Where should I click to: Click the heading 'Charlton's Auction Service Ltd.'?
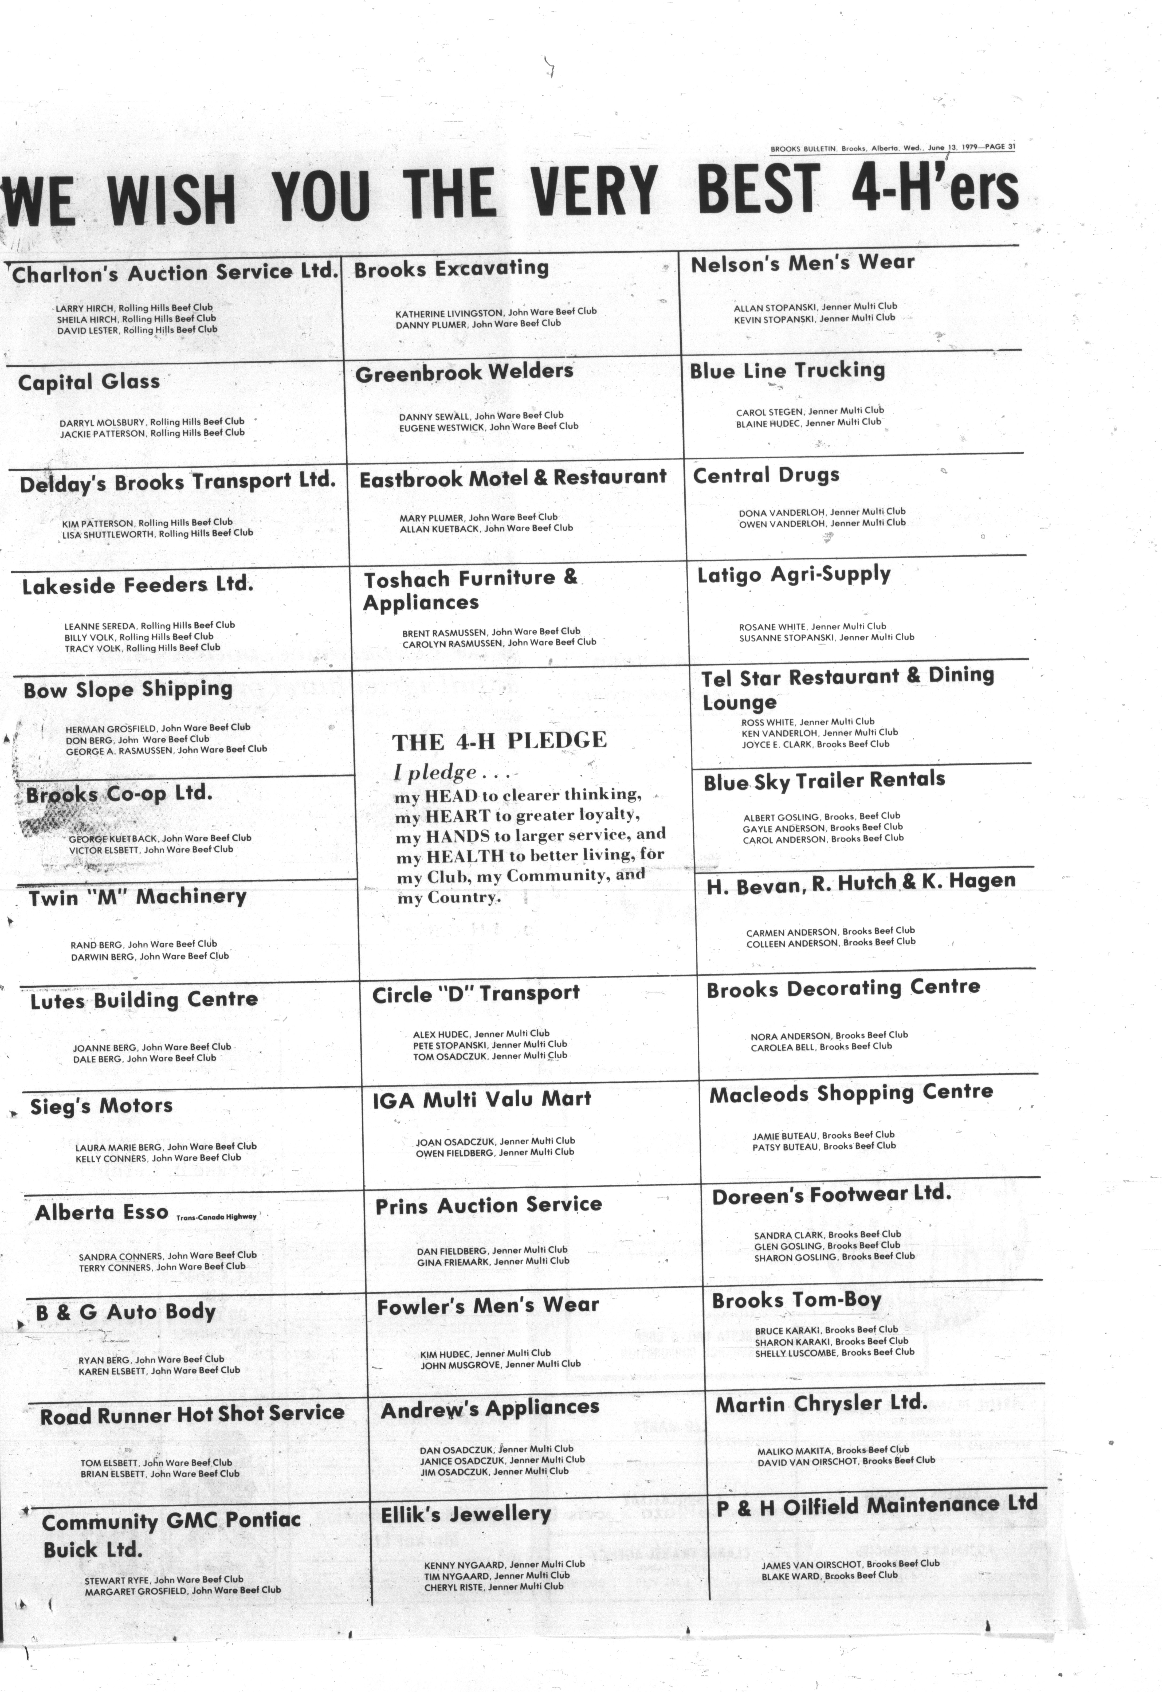pos(175,272)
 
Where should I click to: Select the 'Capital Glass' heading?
pos(89,382)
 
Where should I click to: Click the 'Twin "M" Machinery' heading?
pos(138,897)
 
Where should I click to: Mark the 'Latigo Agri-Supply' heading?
pos(794,574)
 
